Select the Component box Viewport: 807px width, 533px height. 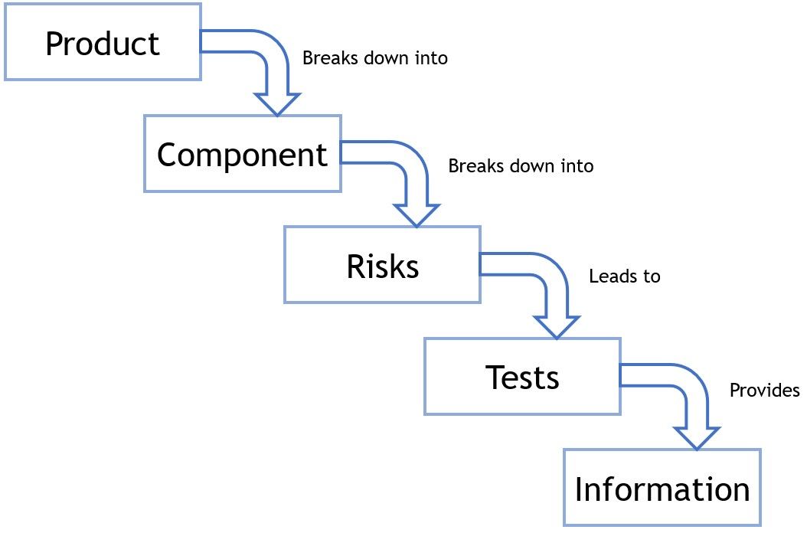pyautogui.click(x=242, y=154)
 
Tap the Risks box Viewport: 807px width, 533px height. pyautogui.click(x=382, y=265)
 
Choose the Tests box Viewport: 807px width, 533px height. pyautogui.click(x=522, y=377)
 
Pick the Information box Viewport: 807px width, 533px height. pyautogui.click(x=662, y=488)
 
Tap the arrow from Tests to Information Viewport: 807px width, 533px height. pyautogui.click(x=684, y=381)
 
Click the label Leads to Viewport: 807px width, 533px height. pyautogui.click(x=624, y=276)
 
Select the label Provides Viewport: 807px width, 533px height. pyautogui.click(x=764, y=391)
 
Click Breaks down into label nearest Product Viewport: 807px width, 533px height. pyautogui.click(x=374, y=58)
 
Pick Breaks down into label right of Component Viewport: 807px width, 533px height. pyautogui.click(x=521, y=165)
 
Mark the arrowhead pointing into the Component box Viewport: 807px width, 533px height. pyautogui.click(x=276, y=104)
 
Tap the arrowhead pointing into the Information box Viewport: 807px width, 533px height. pyautogui.click(x=697, y=438)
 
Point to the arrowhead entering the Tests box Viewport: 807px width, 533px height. pyautogui.click(x=557, y=327)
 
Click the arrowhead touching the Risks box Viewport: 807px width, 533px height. pyautogui.click(x=417, y=215)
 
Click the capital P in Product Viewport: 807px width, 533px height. pyautogui.click(x=54, y=44)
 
